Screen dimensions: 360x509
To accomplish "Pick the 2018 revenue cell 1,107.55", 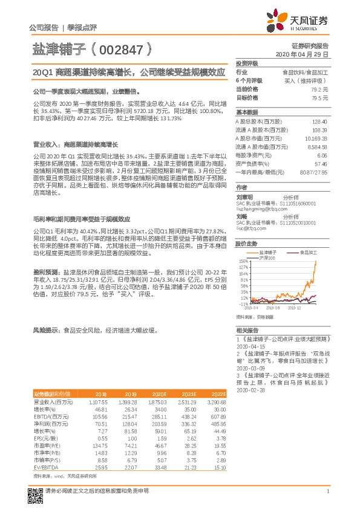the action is pos(97,401).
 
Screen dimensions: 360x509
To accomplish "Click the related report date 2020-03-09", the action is pos(248,368).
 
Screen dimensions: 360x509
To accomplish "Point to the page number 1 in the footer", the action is pos(327,491).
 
